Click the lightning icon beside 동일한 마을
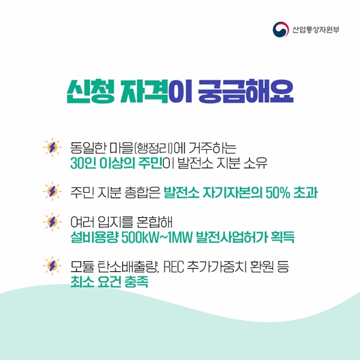pyautogui.click(x=50, y=147)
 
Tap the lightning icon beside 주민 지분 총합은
pyautogui.click(x=50, y=192)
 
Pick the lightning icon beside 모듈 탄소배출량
pyautogui.click(x=50, y=265)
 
